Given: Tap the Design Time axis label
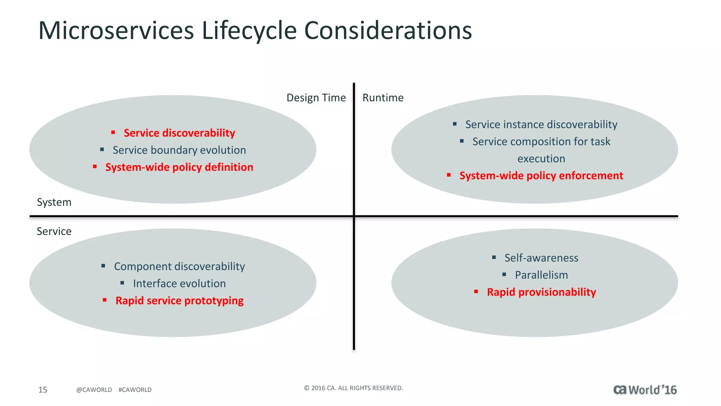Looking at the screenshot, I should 316,98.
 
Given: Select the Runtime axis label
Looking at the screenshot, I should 383,98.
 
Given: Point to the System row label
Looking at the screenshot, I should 54,202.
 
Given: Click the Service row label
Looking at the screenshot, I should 54,231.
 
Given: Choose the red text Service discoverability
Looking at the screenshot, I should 179,133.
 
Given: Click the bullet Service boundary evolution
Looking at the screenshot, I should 179,150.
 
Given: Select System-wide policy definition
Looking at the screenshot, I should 179,167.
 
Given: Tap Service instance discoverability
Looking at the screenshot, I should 541,124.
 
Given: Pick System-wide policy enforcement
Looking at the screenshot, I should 541,176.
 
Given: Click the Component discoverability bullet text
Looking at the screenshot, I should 179,266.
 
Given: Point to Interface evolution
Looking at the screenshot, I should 179,283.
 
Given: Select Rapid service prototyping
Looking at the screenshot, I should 179,301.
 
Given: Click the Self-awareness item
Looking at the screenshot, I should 541,258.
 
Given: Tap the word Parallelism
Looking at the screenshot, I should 541,275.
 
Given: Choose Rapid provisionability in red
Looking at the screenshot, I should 541,292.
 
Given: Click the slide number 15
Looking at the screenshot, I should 43,390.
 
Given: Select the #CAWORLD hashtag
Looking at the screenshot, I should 135,390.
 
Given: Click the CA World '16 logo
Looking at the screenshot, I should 645,390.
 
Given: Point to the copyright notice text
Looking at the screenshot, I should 353,388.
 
